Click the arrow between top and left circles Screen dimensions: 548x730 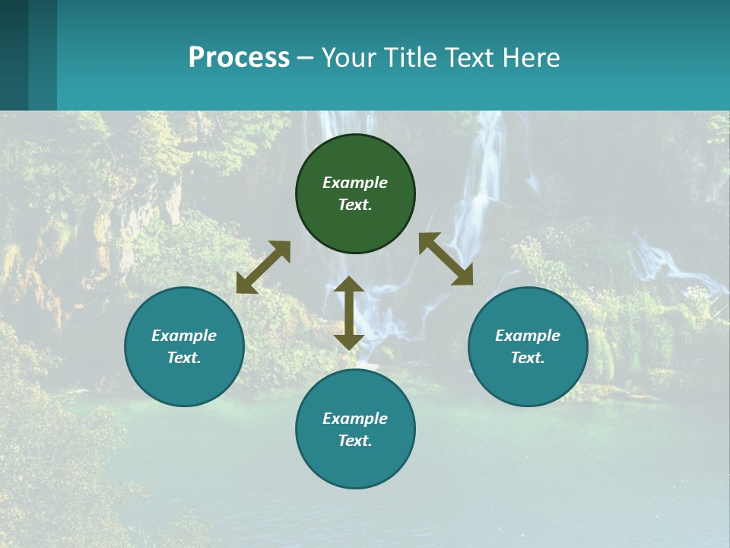click(263, 267)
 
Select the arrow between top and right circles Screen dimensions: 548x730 click(446, 259)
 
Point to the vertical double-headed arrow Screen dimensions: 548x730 click(349, 313)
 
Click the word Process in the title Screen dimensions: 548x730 click(239, 58)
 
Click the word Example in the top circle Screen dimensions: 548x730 click(355, 183)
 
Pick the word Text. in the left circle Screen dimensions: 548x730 click(184, 358)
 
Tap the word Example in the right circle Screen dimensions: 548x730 click(528, 336)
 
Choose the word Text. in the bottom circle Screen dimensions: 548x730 click(355, 441)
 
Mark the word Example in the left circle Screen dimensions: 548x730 click(184, 336)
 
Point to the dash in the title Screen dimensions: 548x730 click(306, 58)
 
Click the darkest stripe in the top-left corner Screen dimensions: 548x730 click(14, 55)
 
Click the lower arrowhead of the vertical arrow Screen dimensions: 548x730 click(349, 340)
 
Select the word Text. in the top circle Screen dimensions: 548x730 click(355, 205)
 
